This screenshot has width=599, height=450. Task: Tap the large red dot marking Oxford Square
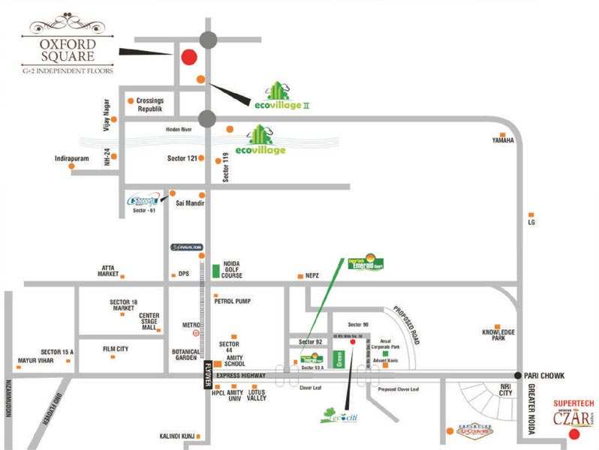tap(189, 57)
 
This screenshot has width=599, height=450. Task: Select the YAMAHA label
tap(503, 140)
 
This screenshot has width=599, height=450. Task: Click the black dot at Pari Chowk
tap(518, 375)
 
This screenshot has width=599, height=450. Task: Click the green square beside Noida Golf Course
tap(216, 271)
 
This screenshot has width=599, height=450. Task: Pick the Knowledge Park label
tap(498, 335)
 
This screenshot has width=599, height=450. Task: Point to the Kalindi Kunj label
tap(178, 436)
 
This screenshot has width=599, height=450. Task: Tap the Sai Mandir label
tap(189, 203)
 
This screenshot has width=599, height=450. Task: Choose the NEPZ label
tap(312, 275)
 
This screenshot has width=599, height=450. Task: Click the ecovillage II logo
tap(281, 95)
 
